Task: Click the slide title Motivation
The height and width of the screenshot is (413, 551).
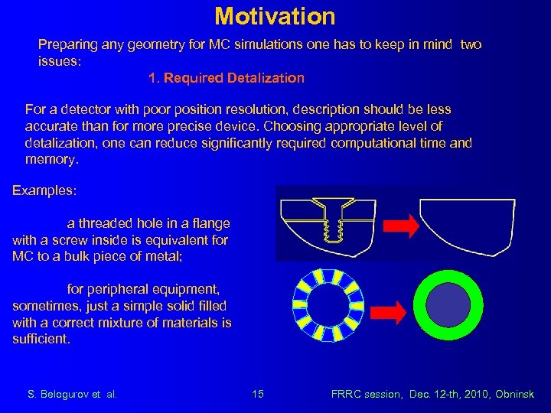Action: pyautogui.click(x=275, y=16)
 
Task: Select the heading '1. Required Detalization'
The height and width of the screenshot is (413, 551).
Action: pyautogui.click(x=226, y=78)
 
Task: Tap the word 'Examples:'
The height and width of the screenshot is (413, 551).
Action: pyautogui.click(x=44, y=190)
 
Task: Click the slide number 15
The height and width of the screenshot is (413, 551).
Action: pyautogui.click(x=258, y=394)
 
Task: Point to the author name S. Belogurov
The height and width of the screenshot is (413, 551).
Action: pyautogui.click(x=64, y=394)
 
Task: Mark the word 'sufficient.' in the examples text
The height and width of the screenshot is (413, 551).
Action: pyautogui.click(x=41, y=339)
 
